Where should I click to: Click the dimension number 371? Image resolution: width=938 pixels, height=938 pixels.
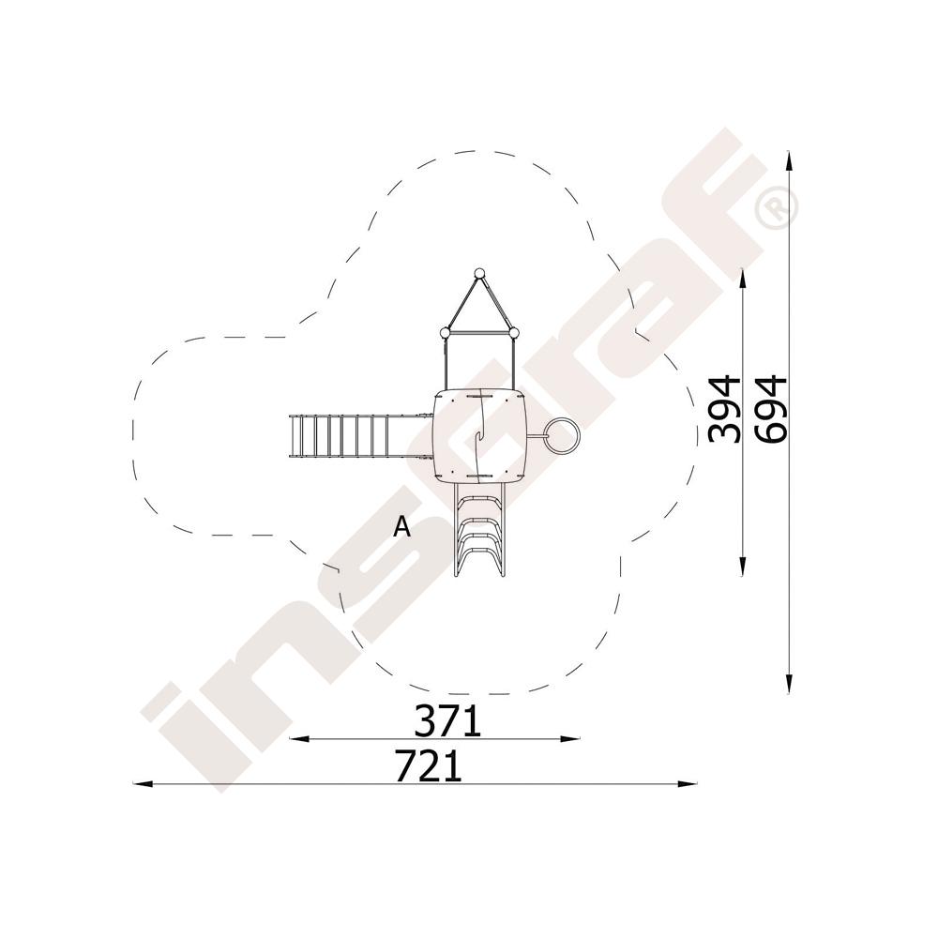click(448, 720)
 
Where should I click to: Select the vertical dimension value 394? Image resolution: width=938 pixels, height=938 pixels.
click(724, 409)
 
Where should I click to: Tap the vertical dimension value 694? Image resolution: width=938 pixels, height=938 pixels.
click(770, 409)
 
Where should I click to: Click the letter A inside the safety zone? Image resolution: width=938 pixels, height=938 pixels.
click(402, 526)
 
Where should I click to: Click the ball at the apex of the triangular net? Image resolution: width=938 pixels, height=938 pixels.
click(478, 274)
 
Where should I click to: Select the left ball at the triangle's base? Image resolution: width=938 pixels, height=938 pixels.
click(445, 333)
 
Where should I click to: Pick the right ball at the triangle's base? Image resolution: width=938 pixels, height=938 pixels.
click(513, 333)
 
